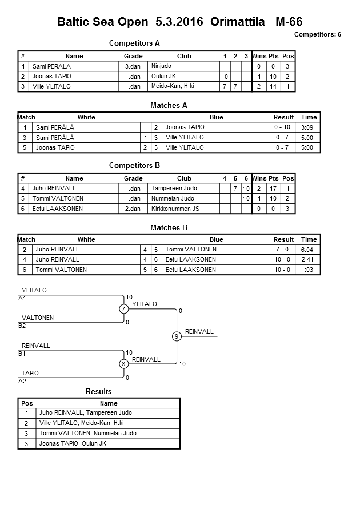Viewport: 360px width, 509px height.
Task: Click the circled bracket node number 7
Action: click(123, 309)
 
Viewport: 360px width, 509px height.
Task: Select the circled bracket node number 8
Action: click(123, 364)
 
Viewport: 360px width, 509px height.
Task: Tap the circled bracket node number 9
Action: click(177, 336)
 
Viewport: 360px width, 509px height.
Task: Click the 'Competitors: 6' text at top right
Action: click(317, 34)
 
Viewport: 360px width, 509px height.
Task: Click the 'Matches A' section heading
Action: click(169, 105)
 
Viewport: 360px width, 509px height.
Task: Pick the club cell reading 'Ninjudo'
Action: click(161, 66)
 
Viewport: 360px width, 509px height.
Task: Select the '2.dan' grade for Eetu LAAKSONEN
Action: click(133, 209)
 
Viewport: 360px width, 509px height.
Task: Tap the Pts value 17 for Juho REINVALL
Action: click(273, 188)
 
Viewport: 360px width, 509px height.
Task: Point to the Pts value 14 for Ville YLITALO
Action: click(273, 86)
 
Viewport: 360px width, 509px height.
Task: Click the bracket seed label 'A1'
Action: click(22, 298)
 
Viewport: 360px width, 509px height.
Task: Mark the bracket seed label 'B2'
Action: click(22, 326)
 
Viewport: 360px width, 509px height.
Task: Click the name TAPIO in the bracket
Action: click(30, 373)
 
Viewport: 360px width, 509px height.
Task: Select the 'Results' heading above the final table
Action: click(98, 391)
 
